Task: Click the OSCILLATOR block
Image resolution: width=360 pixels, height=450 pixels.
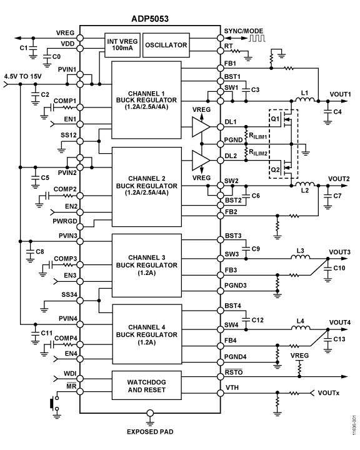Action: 166,45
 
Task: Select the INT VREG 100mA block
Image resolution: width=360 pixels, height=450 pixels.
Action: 122,45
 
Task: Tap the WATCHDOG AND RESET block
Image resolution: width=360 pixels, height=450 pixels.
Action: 146,386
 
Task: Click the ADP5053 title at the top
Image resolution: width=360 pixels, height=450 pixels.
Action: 150,19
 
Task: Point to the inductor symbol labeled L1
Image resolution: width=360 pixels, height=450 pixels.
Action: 305,99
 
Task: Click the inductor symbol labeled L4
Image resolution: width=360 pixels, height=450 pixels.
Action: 301,327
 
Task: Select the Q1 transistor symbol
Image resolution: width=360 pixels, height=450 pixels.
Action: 287,119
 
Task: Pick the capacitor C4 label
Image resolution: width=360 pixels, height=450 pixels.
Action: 337,112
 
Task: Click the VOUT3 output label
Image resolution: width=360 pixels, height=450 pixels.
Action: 339,252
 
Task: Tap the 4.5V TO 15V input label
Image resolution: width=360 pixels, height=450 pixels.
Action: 22,76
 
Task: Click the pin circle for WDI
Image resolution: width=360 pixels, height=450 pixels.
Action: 80,379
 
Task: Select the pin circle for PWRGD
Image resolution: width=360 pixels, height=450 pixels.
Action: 80,227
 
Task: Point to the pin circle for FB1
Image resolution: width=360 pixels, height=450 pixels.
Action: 221,68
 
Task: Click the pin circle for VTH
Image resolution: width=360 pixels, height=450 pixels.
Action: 221,393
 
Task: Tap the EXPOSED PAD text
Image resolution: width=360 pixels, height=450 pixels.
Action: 150,432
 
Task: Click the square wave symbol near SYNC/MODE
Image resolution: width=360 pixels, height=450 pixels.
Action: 257,38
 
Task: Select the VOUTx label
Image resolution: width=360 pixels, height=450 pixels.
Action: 328,393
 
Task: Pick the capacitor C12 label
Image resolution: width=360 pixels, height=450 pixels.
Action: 257,320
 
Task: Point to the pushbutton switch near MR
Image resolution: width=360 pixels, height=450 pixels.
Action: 54,403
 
